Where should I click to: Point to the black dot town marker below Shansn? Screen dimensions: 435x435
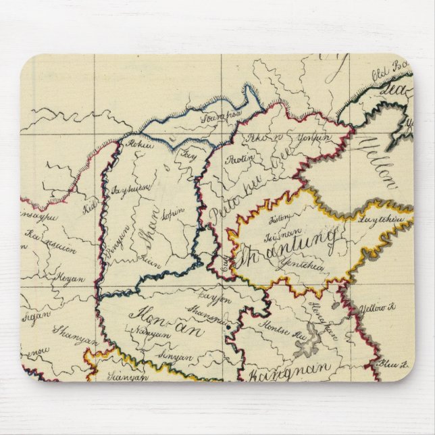point(230,328)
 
